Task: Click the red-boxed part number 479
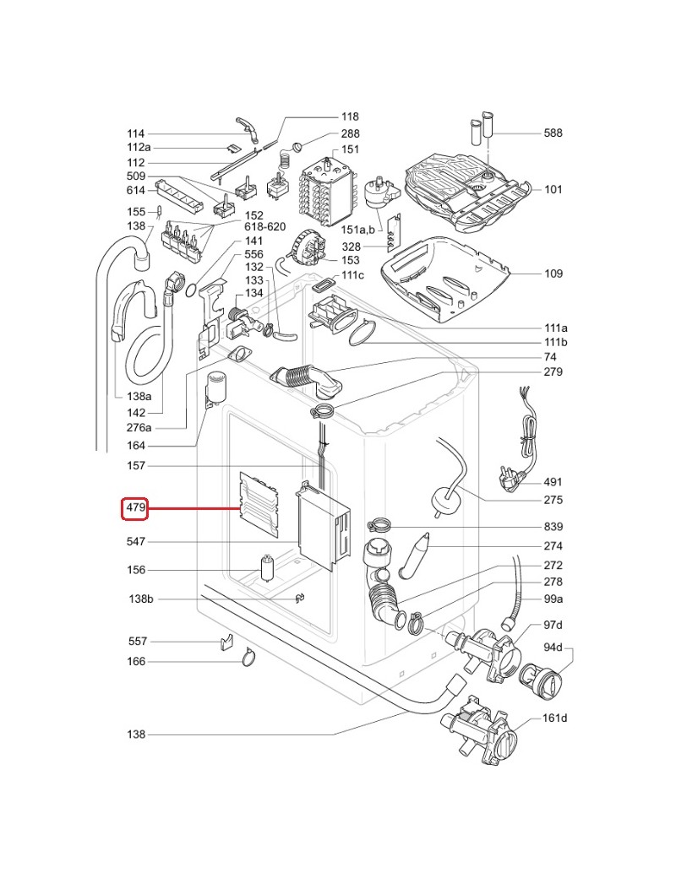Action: click(x=136, y=509)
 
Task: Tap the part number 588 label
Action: click(x=553, y=133)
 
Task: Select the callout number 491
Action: click(x=553, y=483)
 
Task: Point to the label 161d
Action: click(x=554, y=718)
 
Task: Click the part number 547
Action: click(x=135, y=541)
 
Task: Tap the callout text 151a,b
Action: click(x=357, y=230)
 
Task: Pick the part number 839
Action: click(x=553, y=526)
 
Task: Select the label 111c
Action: click(x=353, y=276)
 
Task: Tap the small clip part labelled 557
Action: click(x=226, y=642)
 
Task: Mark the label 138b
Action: click(x=140, y=599)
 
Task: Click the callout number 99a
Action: click(x=553, y=599)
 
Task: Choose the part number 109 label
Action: click(x=553, y=274)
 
